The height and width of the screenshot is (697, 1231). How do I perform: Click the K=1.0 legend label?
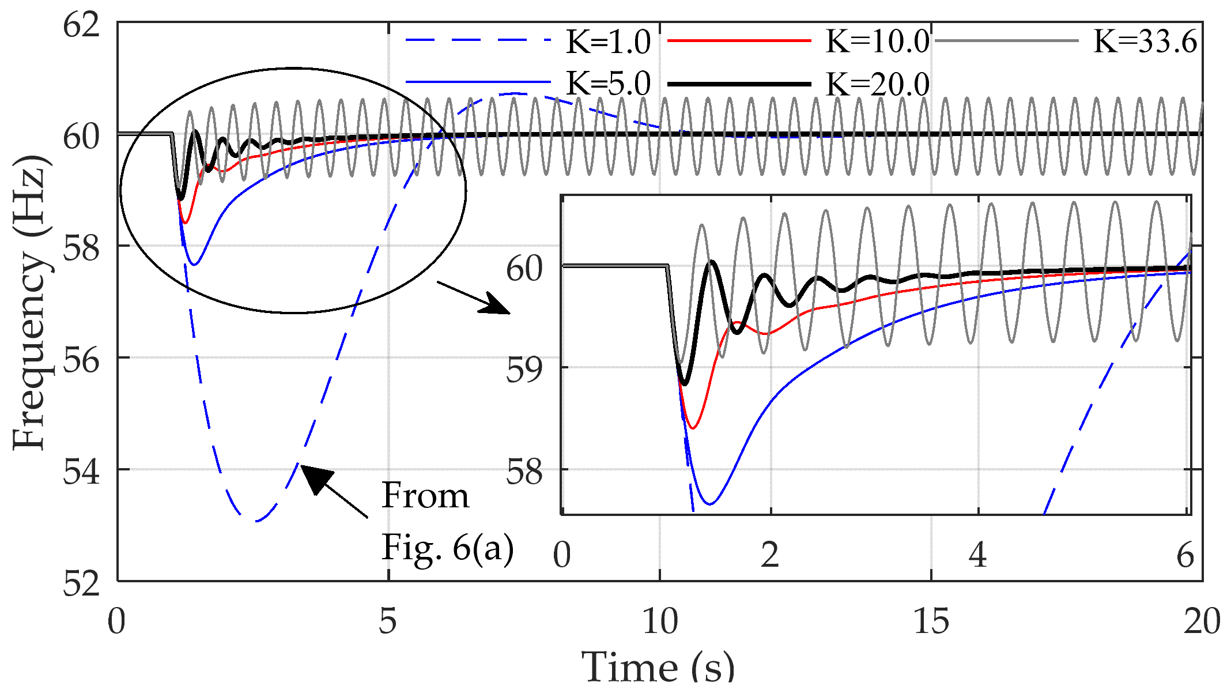pyautogui.click(x=608, y=42)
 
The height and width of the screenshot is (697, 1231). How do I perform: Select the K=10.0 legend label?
pyautogui.click(x=877, y=42)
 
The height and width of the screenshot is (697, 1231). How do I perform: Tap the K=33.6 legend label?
pyautogui.click(x=1145, y=42)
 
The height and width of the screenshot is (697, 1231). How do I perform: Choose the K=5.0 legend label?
pyautogui.click(x=608, y=84)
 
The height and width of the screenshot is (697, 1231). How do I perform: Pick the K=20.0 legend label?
pyautogui.click(x=877, y=84)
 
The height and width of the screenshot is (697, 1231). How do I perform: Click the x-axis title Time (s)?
pyautogui.click(x=658, y=667)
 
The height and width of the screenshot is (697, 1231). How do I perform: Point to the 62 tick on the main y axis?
pyautogui.click(x=81, y=26)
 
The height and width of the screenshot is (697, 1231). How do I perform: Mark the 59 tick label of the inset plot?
pyautogui.click(x=524, y=370)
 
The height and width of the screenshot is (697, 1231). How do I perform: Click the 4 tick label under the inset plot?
pyautogui.click(x=977, y=555)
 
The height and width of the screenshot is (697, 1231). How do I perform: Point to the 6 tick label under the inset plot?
pyautogui.click(x=1185, y=555)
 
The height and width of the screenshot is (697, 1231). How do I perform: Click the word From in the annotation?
pyautogui.click(x=425, y=495)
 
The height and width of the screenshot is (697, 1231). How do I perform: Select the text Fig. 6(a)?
pyautogui.click(x=447, y=547)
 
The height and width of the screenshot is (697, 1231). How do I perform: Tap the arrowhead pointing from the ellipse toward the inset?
pyautogui.click(x=497, y=304)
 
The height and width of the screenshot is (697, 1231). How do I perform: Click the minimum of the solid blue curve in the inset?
pyautogui.click(x=710, y=504)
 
